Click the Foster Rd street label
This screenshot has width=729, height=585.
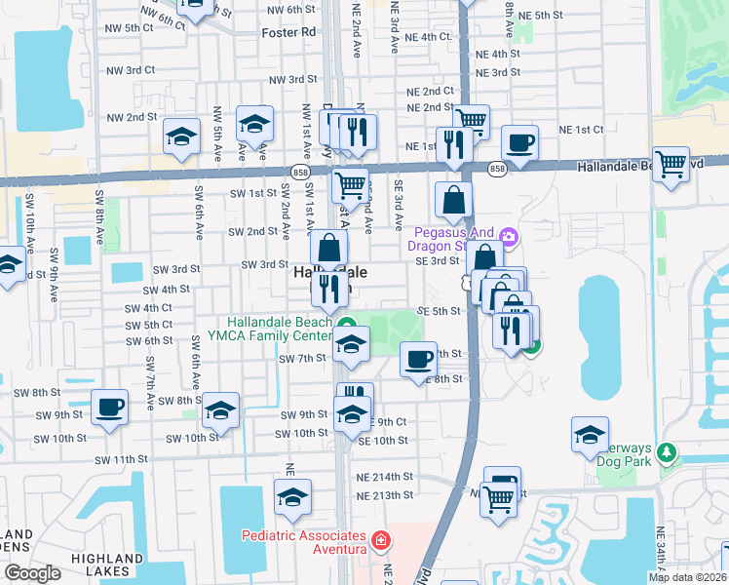(x=289, y=32)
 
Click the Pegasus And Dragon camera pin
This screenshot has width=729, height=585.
(x=508, y=236)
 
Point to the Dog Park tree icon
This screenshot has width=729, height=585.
(x=667, y=452)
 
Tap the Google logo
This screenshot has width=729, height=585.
(x=32, y=573)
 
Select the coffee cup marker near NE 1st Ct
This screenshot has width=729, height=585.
(x=519, y=141)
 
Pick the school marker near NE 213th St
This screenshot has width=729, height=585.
(x=292, y=496)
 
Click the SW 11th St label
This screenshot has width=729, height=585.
(x=121, y=458)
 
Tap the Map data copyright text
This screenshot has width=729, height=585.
(x=688, y=577)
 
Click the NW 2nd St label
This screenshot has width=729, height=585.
(x=133, y=117)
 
